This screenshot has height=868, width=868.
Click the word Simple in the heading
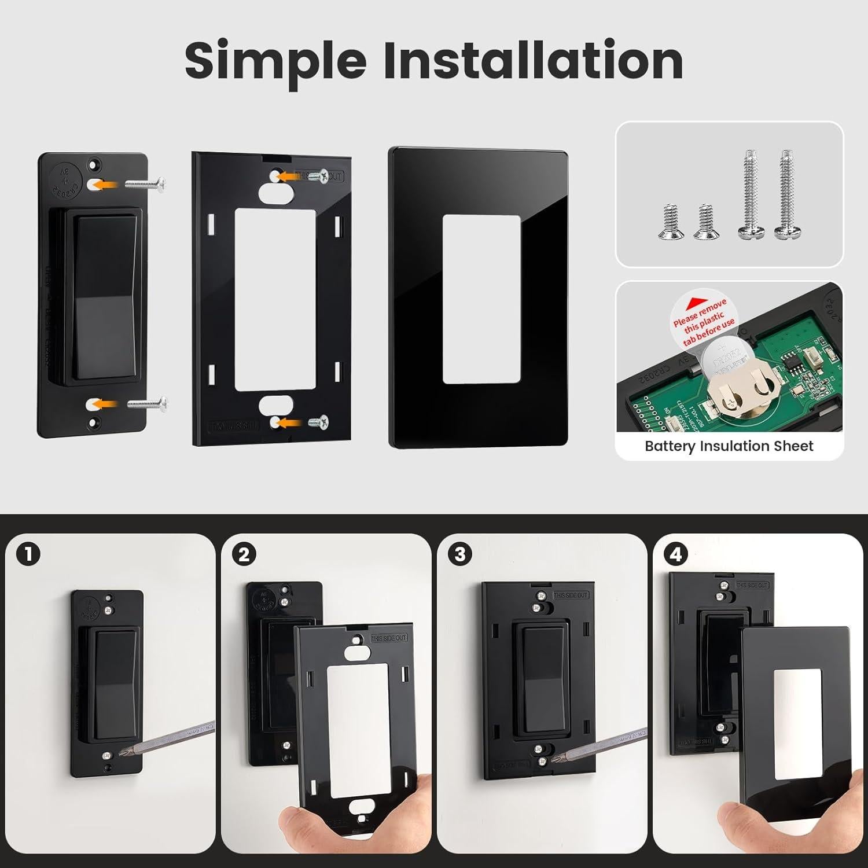click(x=275, y=61)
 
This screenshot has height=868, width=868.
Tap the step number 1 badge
click(x=29, y=554)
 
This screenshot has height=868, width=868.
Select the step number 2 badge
click(x=244, y=554)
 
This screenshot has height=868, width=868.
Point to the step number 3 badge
click(x=459, y=554)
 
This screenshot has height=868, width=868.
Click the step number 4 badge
click(x=675, y=554)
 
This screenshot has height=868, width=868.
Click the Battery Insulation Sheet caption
click(x=729, y=446)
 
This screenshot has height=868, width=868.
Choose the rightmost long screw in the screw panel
click(x=786, y=194)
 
